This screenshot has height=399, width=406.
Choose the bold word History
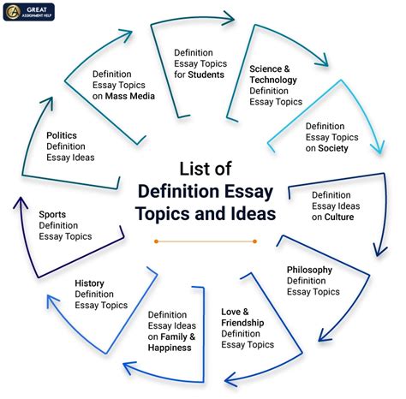91,283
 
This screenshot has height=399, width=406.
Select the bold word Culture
339,217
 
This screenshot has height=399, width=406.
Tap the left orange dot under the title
156,241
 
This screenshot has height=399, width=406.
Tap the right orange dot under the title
249,241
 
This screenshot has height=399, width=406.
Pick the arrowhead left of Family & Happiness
128,368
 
